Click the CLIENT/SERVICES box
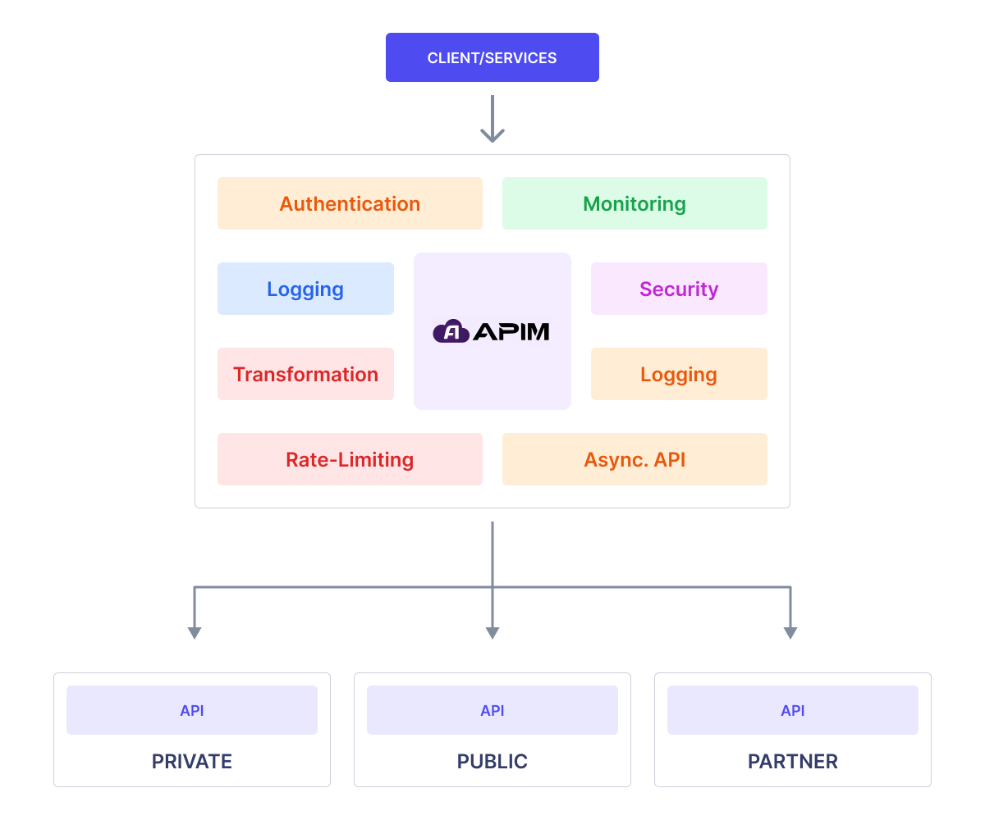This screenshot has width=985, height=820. tap(492, 57)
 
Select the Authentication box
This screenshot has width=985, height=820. tap(350, 203)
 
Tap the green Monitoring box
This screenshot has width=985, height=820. tap(635, 203)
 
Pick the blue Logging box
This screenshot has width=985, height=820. tap(305, 289)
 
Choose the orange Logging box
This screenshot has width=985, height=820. tap(679, 374)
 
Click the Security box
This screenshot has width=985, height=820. tap(679, 289)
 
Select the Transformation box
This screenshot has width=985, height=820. tap(305, 374)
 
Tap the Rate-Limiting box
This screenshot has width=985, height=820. tap(350, 459)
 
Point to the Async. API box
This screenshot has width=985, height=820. tap(635, 459)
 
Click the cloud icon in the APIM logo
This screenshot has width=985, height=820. tap(451, 330)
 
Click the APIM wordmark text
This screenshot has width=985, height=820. tap(511, 332)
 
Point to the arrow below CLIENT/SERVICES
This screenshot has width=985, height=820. tap(492, 119)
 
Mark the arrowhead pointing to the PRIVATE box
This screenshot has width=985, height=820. tap(195, 633)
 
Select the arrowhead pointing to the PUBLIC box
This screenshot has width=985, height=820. tap(492, 633)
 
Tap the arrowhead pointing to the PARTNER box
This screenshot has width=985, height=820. tap(790, 633)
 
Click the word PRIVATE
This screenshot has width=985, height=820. tap(191, 761)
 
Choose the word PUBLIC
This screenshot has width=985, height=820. tap(492, 761)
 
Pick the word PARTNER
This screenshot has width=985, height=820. tap(793, 761)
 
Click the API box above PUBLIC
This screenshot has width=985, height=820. tap(492, 710)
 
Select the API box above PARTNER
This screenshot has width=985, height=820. tap(793, 710)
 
